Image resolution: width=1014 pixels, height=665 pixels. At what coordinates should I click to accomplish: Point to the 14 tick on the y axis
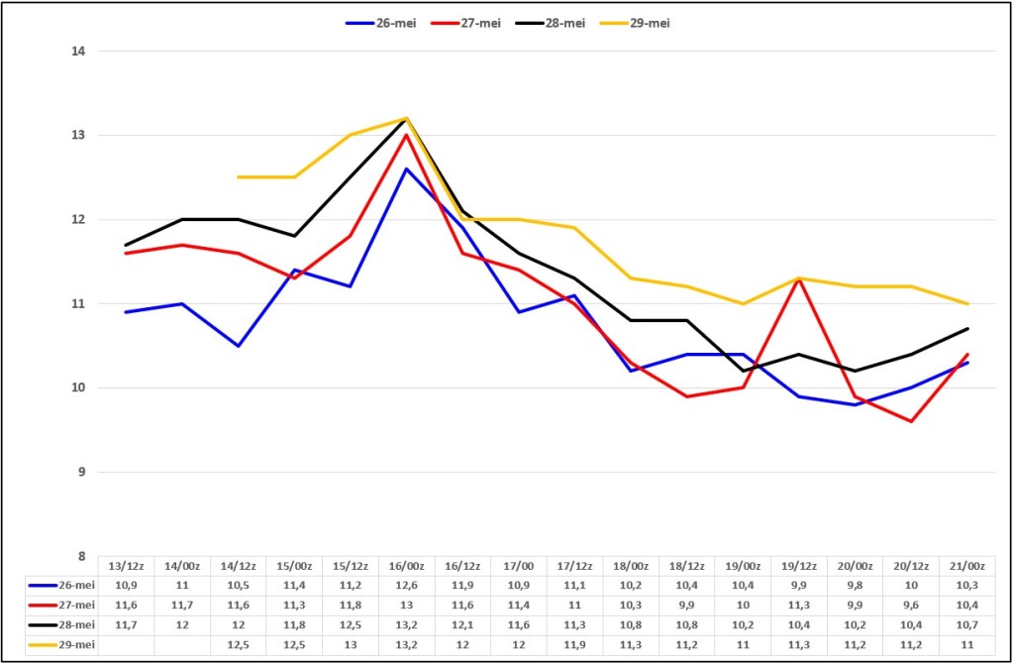[x=79, y=52]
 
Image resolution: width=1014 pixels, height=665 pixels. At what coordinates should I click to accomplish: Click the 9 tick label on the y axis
[x=82, y=472]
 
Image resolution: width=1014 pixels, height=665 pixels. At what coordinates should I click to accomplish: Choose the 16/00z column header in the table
[x=406, y=566]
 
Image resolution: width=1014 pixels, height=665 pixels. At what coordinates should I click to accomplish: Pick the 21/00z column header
[x=966, y=566]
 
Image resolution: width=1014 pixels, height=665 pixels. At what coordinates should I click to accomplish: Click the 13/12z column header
[x=126, y=566]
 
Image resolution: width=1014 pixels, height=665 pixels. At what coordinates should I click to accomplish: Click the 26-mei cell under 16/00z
[x=406, y=586]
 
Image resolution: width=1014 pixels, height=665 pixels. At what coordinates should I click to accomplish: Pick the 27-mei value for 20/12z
[x=911, y=605]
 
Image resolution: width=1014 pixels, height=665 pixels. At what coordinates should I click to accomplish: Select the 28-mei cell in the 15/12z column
[x=350, y=624]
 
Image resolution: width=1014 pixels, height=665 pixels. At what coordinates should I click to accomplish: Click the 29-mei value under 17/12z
[x=574, y=645]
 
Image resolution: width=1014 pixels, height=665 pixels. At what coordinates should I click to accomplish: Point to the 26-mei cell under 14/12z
[x=238, y=586]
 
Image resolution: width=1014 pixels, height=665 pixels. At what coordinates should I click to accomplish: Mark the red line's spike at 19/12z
[x=799, y=278]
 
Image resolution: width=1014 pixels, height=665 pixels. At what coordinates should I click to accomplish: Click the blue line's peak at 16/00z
[x=406, y=169]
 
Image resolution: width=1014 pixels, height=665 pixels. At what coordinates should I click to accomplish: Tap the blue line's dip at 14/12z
[x=238, y=346]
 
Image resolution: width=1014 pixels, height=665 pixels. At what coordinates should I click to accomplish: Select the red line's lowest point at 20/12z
[x=911, y=421]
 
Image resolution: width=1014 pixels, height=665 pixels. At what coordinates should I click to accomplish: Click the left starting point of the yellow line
[x=238, y=176]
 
